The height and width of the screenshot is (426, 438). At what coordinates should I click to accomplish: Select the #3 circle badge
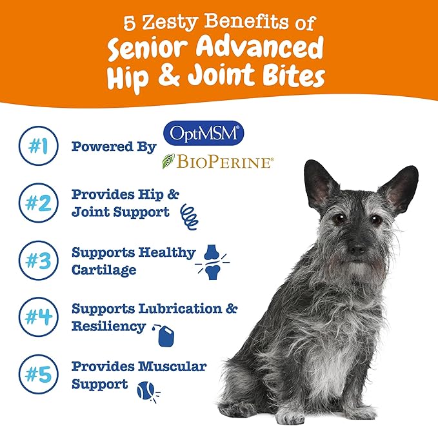[x=38, y=260]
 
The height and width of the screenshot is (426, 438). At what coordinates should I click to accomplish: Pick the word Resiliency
[x=108, y=327]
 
